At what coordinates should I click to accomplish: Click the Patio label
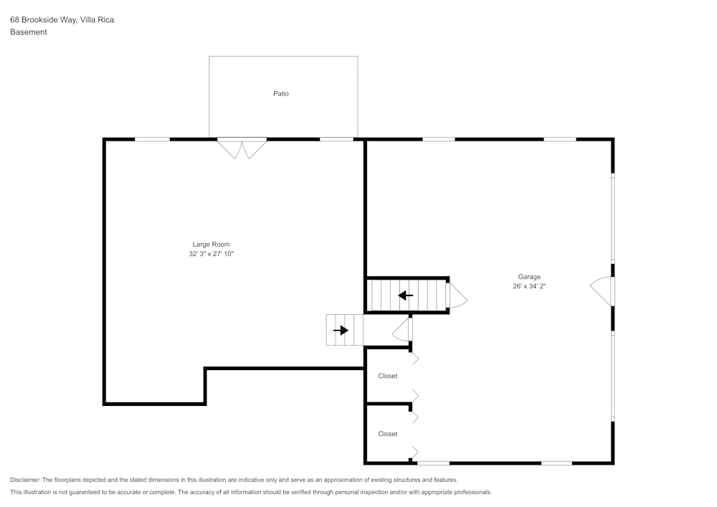(x=281, y=93)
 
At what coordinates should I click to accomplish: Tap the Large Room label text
(x=211, y=245)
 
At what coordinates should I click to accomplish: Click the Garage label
(x=529, y=277)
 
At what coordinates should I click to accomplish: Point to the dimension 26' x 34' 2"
(x=529, y=286)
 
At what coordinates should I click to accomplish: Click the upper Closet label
(x=388, y=376)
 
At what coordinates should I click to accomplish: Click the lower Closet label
(x=388, y=434)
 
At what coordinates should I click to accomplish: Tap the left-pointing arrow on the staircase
(x=406, y=295)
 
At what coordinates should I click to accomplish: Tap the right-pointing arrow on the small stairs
(x=341, y=330)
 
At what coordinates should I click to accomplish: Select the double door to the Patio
(x=242, y=148)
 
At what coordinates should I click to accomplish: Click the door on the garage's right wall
(x=602, y=290)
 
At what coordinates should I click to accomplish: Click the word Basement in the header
(x=29, y=32)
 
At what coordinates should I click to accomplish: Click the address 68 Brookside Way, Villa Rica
(x=62, y=20)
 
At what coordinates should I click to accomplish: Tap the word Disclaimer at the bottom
(x=26, y=480)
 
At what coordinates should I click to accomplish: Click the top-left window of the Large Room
(x=152, y=139)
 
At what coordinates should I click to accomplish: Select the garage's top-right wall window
(x=560, y=139)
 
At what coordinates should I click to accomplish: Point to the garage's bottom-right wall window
(x=556, y=463)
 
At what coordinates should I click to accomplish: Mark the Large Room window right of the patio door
(x=336, y=139)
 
